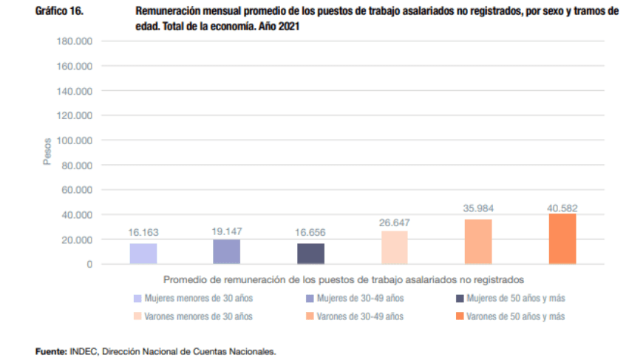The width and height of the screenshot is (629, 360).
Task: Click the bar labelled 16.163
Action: point(143,254)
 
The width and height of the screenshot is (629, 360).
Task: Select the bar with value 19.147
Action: point(226,251)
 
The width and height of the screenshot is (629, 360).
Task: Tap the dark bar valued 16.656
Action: point(310,254)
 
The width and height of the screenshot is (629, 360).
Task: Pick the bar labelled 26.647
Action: point(395,247)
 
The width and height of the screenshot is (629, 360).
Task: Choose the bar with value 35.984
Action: point(478,241)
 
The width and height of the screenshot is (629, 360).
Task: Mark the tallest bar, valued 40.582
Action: point(562,239)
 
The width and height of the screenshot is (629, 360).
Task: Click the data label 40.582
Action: point(562,207)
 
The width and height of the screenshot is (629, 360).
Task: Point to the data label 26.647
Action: point(395,223)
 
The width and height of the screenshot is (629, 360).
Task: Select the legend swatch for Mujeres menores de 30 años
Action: point(137,299)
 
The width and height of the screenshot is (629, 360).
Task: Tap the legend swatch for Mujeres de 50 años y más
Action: point(460,299)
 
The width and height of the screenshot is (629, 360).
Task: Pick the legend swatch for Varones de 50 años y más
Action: point(460,316)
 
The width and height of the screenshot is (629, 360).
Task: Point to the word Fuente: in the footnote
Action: point(52,352)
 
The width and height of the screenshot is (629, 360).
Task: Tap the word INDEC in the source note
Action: point(84,352)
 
